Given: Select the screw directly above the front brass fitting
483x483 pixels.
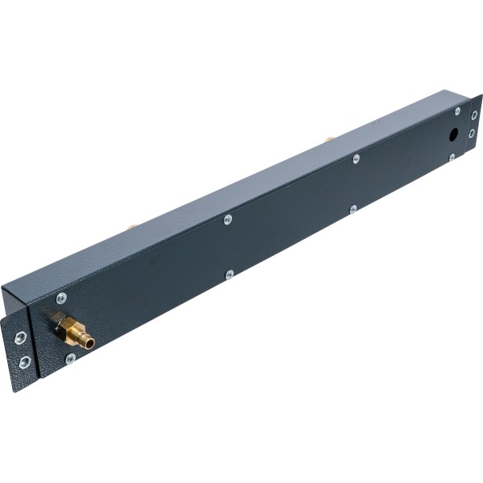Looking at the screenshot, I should coord(61,298).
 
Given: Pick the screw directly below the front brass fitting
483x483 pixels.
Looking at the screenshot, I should coord(71,358).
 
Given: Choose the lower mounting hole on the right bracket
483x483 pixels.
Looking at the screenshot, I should coord(473,134).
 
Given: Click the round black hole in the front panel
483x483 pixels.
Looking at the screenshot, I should coord(453,134).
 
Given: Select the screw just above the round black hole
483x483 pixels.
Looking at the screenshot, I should coord(457,111).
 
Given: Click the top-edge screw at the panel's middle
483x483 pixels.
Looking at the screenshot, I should coord(228,218).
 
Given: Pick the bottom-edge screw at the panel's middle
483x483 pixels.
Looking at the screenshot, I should coord(229,275).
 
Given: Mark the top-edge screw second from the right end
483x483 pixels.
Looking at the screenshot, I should coord(356,159).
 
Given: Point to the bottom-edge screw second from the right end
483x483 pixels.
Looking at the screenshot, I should coord(353,209).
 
